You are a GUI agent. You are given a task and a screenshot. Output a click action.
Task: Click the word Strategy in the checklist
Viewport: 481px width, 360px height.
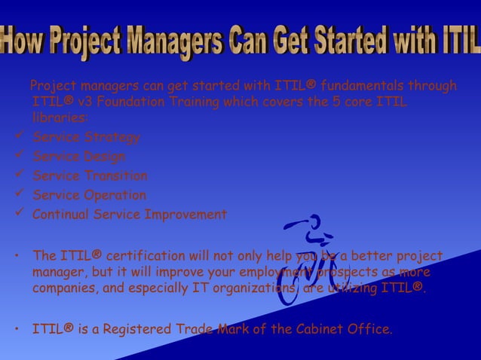pos(112,137)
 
